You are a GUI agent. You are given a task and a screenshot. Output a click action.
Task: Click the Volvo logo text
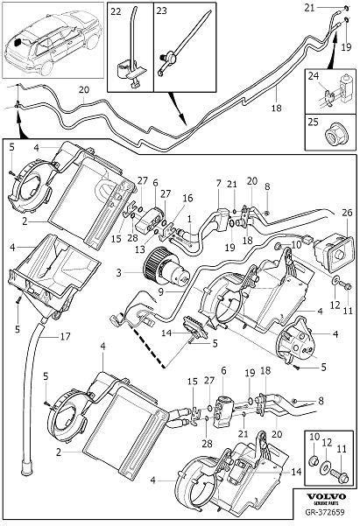point(327,496)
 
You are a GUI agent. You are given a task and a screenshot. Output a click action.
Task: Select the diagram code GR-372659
point(325,512)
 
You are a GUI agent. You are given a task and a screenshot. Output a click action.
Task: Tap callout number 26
point(347,213)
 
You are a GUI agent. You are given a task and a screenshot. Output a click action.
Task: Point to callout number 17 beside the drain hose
point(65,336)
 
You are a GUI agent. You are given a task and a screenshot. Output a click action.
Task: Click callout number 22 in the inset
point(116,11)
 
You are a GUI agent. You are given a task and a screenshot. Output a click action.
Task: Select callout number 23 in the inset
point(161,11)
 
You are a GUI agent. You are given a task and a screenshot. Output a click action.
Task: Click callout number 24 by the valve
point(314,76)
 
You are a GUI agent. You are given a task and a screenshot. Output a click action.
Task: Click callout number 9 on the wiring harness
point(161,291)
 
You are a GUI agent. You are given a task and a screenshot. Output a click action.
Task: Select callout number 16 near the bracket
point(187,199)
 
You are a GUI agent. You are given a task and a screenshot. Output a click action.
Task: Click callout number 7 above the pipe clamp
point(219,184)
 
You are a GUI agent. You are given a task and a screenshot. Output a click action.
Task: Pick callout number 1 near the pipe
point(190,219)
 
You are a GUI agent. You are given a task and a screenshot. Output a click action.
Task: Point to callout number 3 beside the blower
point(118,272)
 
